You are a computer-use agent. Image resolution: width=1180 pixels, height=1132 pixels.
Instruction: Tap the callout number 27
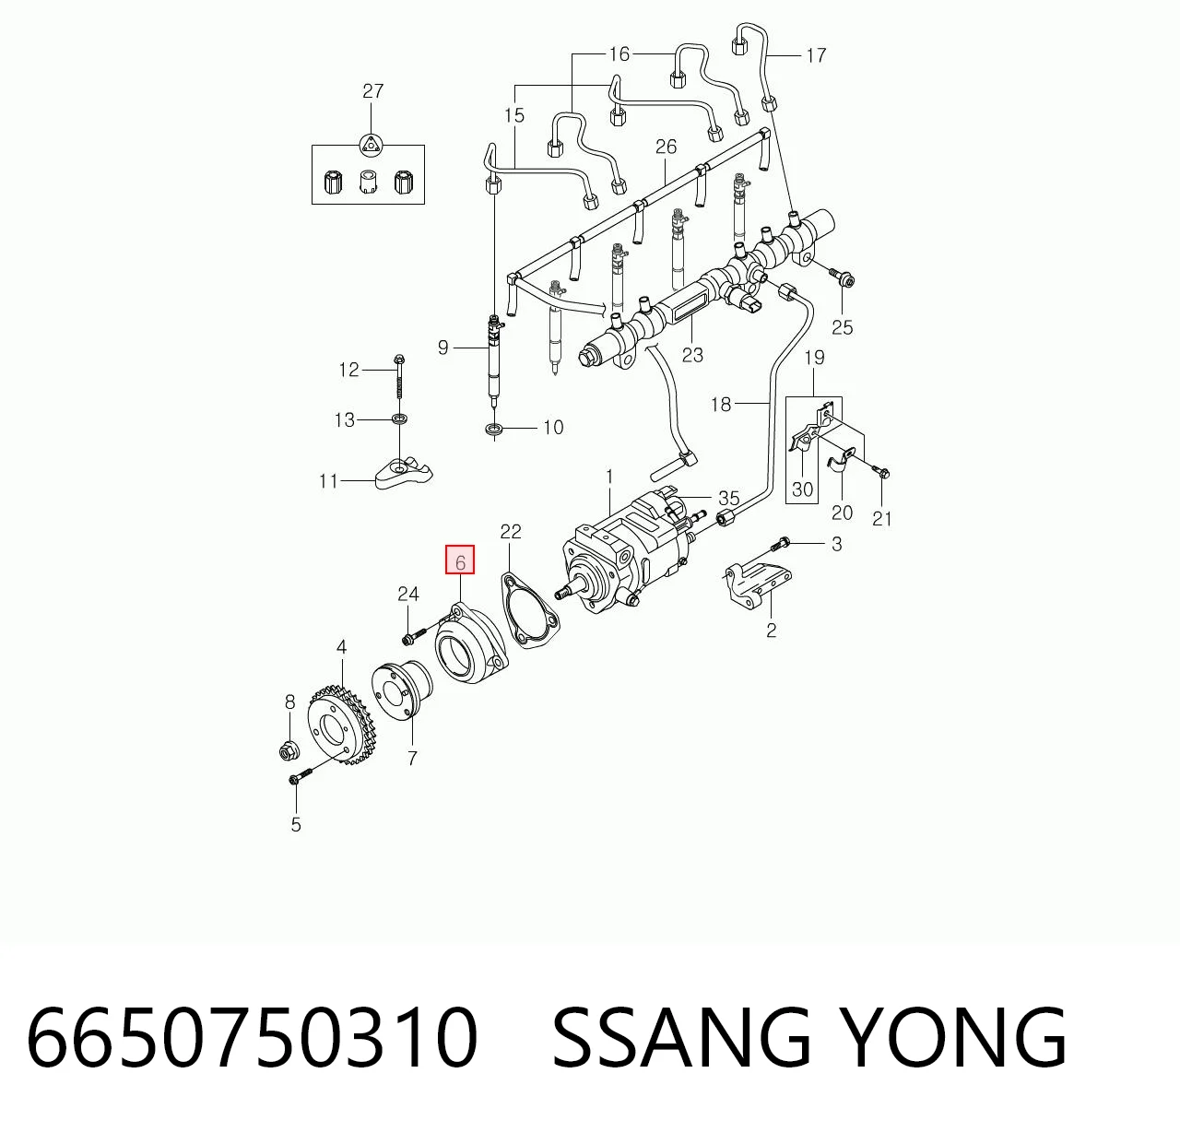[x=373, y=91]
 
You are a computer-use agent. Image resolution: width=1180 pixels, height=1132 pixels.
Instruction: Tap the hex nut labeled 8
[x=286, y=752]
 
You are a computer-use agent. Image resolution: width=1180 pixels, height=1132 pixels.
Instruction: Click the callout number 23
[x=692, y=355]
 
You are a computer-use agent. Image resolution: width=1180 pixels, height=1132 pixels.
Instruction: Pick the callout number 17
[x=816, y=56]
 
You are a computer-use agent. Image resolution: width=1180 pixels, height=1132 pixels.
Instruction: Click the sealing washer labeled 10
[x=493, y=430]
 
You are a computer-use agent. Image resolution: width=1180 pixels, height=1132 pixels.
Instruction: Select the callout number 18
[x=721, y=404]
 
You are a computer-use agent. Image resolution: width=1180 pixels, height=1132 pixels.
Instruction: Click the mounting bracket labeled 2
[x=759, y=584]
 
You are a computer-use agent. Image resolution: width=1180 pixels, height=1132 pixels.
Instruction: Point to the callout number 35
[x=729, y=499]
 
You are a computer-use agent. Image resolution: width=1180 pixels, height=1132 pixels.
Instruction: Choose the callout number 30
[x=802, y=489]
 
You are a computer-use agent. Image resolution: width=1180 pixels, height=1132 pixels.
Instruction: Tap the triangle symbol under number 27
[x=370, y=145]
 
